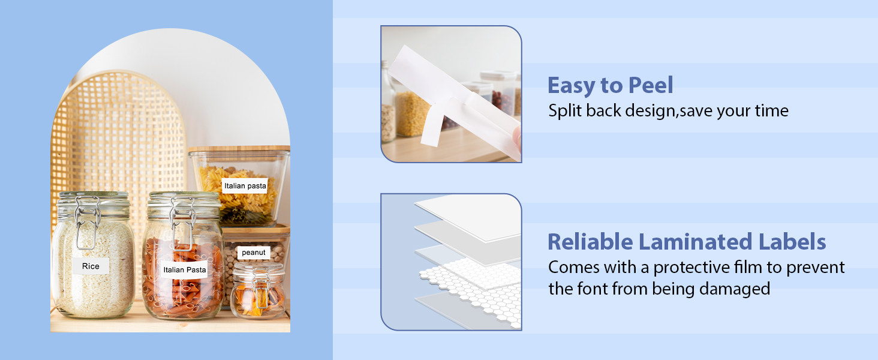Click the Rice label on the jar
click(91, 266)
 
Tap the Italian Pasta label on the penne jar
click(184, 269)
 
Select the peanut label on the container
click(254, 253)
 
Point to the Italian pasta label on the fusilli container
click(245, 186)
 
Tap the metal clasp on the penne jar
click(182, 224)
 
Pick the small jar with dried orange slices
click(258, 290)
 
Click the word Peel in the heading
click(651, 85)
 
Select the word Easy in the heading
click(571, 86)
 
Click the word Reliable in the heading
click(590, 242)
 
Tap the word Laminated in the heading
click(695, 242)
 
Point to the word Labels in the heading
click(792, 242)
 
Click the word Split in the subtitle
click(564, 111)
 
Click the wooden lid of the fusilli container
click(239, 149)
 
